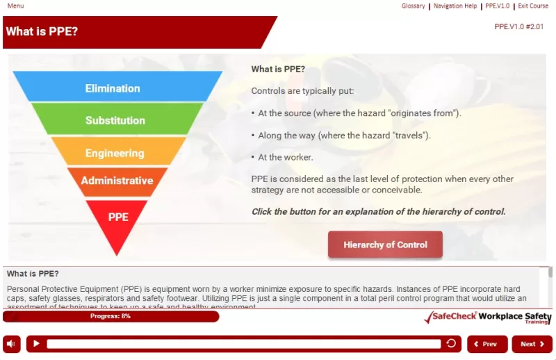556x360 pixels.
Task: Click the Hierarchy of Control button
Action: click(385, 245)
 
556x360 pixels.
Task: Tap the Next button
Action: click(532, 344)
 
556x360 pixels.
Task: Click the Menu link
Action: click(15, 6)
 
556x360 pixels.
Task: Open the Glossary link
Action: click(413, 6)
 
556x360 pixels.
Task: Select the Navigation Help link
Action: click(455, 6)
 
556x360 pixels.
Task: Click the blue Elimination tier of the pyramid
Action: click(113, 88)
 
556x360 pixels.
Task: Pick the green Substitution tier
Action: click(115, 120)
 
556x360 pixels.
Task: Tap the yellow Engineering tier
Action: click(115, 153)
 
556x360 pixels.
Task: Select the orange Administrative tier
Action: click(117, 181)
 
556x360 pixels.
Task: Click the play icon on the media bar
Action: click(37, 344)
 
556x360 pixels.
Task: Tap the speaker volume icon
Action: click(12, 344)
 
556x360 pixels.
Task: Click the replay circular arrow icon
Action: click(451, 343)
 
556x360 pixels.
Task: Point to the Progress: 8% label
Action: click(111, 316)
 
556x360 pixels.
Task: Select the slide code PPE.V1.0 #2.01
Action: click(518, 26)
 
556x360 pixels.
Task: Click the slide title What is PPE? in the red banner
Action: click(42, 31)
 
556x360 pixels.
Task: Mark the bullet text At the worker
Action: click(285, 157)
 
